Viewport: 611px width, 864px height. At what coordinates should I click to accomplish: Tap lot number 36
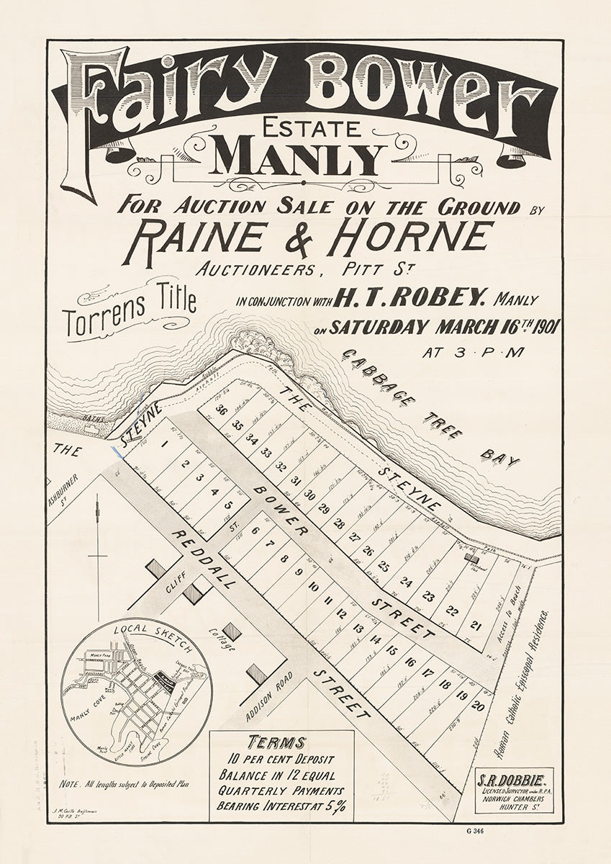pos(221,410)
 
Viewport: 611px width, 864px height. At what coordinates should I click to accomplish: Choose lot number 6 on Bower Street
pos(255,531)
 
